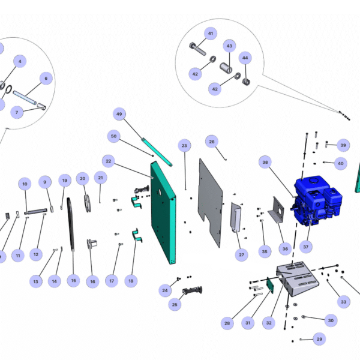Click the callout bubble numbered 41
(x=210, y=33)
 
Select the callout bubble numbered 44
(x=245, y=58)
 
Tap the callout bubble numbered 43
(x=229, y=46)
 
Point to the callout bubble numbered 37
(x=306, y=246)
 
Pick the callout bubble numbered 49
(x=119, y=114)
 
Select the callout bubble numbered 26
(x=211, y=142)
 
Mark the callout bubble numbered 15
(x=73, y=280)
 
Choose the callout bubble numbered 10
(x=25, y=184)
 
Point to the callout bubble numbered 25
(x=175, y=305)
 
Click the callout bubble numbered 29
(x=319, y=339)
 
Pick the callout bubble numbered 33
(x=343, y=302)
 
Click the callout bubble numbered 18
(x=131, y=280)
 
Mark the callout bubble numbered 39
(x=343, y=145)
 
